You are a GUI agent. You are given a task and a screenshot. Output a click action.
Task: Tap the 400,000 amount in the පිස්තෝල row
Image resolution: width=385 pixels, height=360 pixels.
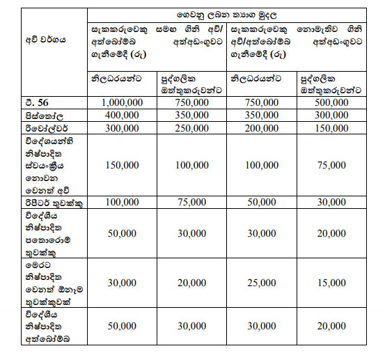coord(120,116)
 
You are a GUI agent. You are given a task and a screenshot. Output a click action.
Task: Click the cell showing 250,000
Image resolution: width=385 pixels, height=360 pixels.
coord(189,129)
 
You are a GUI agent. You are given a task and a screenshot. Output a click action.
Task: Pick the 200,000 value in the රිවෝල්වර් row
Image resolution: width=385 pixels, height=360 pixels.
coord(259,129)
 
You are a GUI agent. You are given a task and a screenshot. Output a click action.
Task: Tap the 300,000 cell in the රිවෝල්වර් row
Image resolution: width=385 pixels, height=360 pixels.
coord(120,129)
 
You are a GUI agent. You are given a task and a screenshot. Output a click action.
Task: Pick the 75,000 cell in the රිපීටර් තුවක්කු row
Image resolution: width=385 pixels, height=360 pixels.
coord(189,202)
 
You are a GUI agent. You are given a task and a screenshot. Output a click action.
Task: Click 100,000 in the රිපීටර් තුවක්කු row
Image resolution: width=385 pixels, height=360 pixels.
coord(120,202)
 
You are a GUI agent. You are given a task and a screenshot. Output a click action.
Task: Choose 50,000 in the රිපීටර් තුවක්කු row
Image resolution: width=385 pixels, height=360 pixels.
coord(259,202)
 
